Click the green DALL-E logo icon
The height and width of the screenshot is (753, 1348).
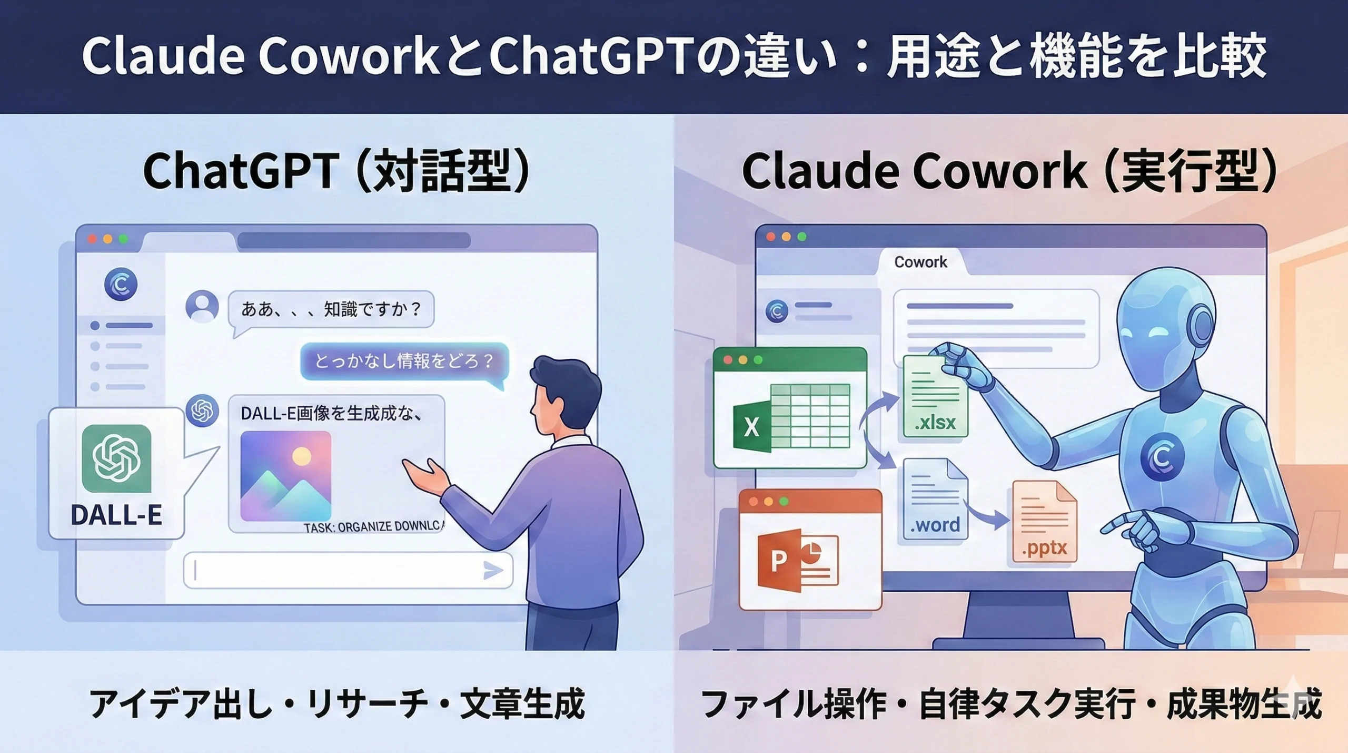click(116, 458)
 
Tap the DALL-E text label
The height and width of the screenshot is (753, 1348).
click(116, 515)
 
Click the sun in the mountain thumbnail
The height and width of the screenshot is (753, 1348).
click(302, 456)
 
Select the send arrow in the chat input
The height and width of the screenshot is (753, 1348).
click(492, 570)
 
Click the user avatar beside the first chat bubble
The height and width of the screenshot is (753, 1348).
click(202, 306)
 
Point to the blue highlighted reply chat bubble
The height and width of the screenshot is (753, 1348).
click(404, 361)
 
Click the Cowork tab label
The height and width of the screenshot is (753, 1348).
click(920, 262)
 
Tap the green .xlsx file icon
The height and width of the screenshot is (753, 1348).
click(935, 397)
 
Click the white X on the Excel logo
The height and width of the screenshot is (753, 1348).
click(751, 427)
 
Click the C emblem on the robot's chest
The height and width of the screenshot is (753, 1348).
click(1162, 457)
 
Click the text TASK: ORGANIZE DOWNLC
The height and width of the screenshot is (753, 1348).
click(374, 527)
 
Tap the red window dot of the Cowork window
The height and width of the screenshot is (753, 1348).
click(771, 237)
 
